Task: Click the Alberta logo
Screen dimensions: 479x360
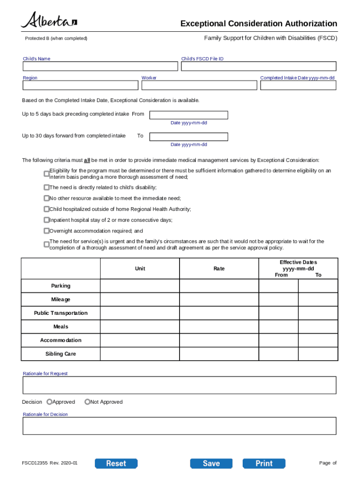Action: pos(49,21)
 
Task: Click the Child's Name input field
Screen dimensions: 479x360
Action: pos(100,66)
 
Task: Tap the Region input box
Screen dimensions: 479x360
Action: pos(80,86)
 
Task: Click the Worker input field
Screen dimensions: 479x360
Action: pos(199,86)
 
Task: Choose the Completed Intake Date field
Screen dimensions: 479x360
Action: pos(298,86)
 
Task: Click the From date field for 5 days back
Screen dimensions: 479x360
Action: pos(188,115)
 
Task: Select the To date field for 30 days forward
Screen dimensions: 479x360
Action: pos(188,137)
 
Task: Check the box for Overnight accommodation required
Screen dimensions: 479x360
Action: pos(46,231)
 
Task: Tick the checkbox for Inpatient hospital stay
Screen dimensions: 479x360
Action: pos(46,220)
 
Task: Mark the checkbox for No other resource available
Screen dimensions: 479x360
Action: pos(46,198)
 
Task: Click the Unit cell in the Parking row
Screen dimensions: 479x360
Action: pos(140,286)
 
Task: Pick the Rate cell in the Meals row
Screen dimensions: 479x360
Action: pos(219,327)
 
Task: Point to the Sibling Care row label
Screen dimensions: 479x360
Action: pos(61,354)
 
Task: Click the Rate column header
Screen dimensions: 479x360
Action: pos(219,269)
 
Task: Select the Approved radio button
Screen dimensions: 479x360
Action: pos(50,402)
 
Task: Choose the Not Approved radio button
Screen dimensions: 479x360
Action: pos(87,402)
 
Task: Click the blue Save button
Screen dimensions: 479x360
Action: pos(211,464)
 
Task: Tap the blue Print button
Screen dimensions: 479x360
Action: pos(264,464)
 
